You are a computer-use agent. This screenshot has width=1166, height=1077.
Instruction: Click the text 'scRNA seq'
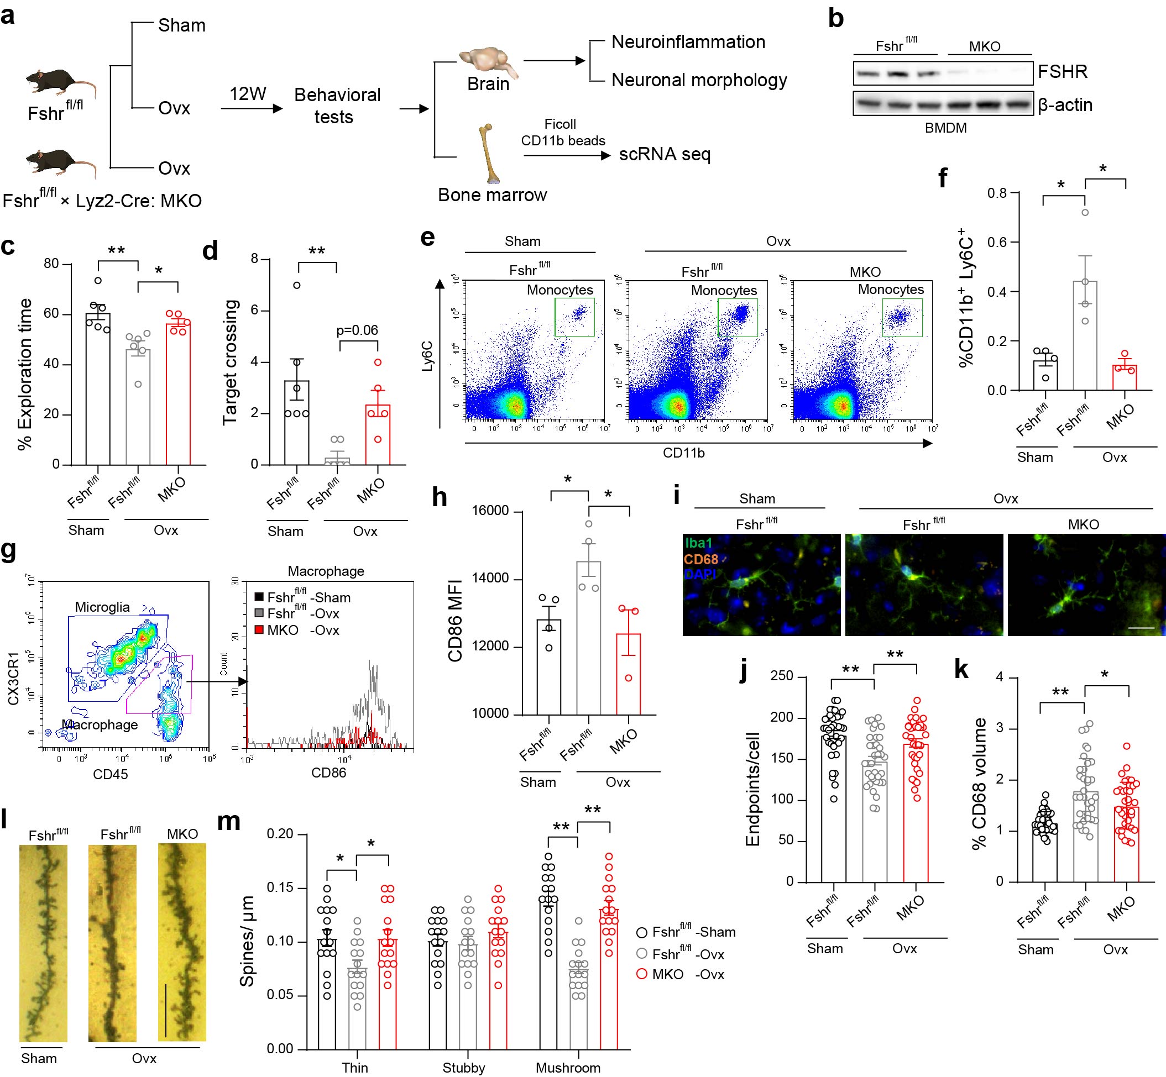[665, 154]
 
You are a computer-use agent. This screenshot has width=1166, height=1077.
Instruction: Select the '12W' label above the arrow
[248, 94]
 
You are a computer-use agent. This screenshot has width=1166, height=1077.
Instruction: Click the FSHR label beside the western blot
[1062, 72]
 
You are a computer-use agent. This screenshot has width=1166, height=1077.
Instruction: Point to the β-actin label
[1065, 106]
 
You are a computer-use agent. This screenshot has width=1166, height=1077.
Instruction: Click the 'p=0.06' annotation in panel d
[357, 330]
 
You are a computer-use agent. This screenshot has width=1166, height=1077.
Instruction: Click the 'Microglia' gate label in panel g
[102, 607]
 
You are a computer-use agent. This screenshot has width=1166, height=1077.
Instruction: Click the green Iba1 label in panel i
[699, 543]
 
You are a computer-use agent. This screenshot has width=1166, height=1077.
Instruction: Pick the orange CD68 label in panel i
[701, 559]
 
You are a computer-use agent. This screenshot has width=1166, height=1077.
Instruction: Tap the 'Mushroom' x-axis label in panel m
[567, 1068]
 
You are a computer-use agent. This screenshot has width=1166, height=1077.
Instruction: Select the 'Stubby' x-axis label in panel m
[463, 1068]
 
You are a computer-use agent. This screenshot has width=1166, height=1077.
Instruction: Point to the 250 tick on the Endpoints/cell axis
[781, 676]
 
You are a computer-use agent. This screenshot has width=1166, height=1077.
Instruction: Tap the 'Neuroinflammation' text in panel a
[688, 42]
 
